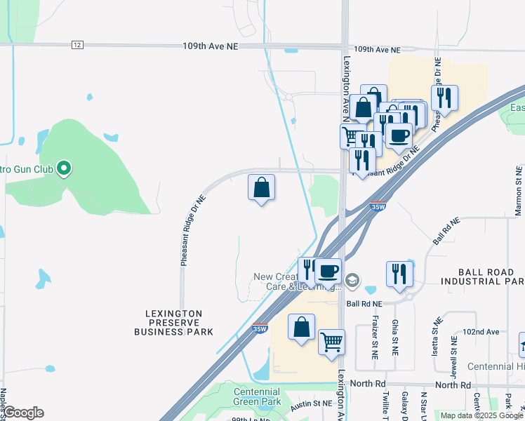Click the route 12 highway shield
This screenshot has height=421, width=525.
tap(77, 45)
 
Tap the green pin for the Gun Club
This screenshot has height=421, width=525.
tap(64, 168)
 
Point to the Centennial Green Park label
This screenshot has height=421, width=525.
tap(257, 396)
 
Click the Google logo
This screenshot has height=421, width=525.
tap(23, 413)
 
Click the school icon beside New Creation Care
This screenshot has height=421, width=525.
tap(352, 281)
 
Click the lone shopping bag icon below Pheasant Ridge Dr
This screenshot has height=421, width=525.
tap(261, 187)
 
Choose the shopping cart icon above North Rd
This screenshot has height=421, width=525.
tap(331, 342)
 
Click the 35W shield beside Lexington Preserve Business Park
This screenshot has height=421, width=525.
tap(260, 328)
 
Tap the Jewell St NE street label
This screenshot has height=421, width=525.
tap(454, 348)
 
